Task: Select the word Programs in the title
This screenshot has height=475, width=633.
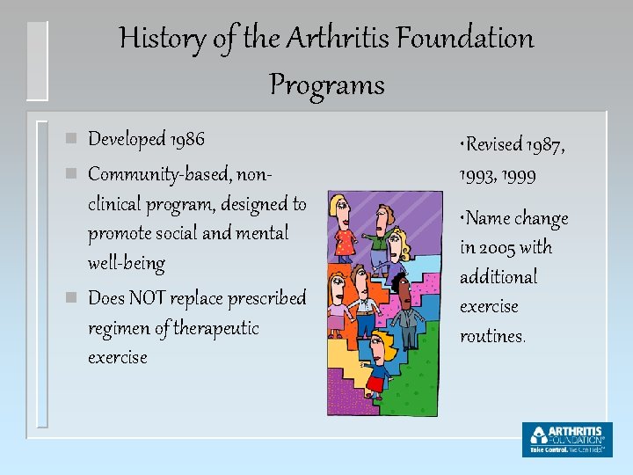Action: [326, 85]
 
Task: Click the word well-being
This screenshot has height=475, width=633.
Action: [126, 263]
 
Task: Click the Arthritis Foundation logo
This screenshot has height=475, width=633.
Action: [566, 439]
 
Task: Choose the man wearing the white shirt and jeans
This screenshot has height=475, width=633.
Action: [363, 303]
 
